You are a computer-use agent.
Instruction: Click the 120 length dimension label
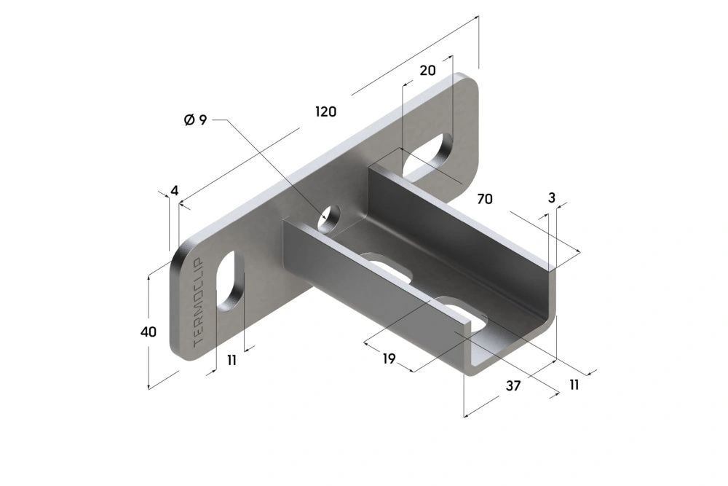pyautogui.click(x=325, y=111)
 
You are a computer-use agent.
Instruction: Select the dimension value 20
pyautogui.click(x=427, y=70)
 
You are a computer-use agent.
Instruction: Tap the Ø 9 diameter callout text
pyautogui.click(x=196, y=120)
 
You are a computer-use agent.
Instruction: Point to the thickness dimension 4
pyautogui.click(x=174, y=191)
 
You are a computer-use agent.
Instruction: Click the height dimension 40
pyautogui.click(x=149, y=332)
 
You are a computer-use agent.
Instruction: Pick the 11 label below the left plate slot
pyautogui.click(x=232, y=360)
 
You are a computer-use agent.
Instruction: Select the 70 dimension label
pyautogui.click(x=486, y=198)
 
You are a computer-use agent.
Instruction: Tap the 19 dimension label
pyautogui.click(x=388, y=358)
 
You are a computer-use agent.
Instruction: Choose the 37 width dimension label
pyautogui.click(x=513, y=386)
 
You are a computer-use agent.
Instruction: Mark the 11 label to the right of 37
pyautogui.click(x=574, y=384)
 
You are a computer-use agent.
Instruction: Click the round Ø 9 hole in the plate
pyautogui.click(x=330, y=216)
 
